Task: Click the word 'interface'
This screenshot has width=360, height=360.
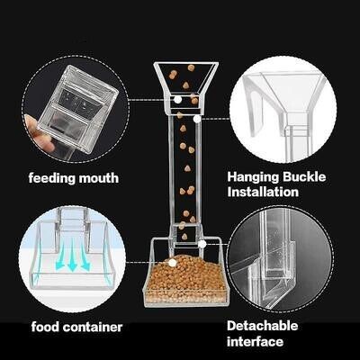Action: [256, 341]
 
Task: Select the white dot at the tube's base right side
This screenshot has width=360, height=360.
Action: [203, 243]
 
